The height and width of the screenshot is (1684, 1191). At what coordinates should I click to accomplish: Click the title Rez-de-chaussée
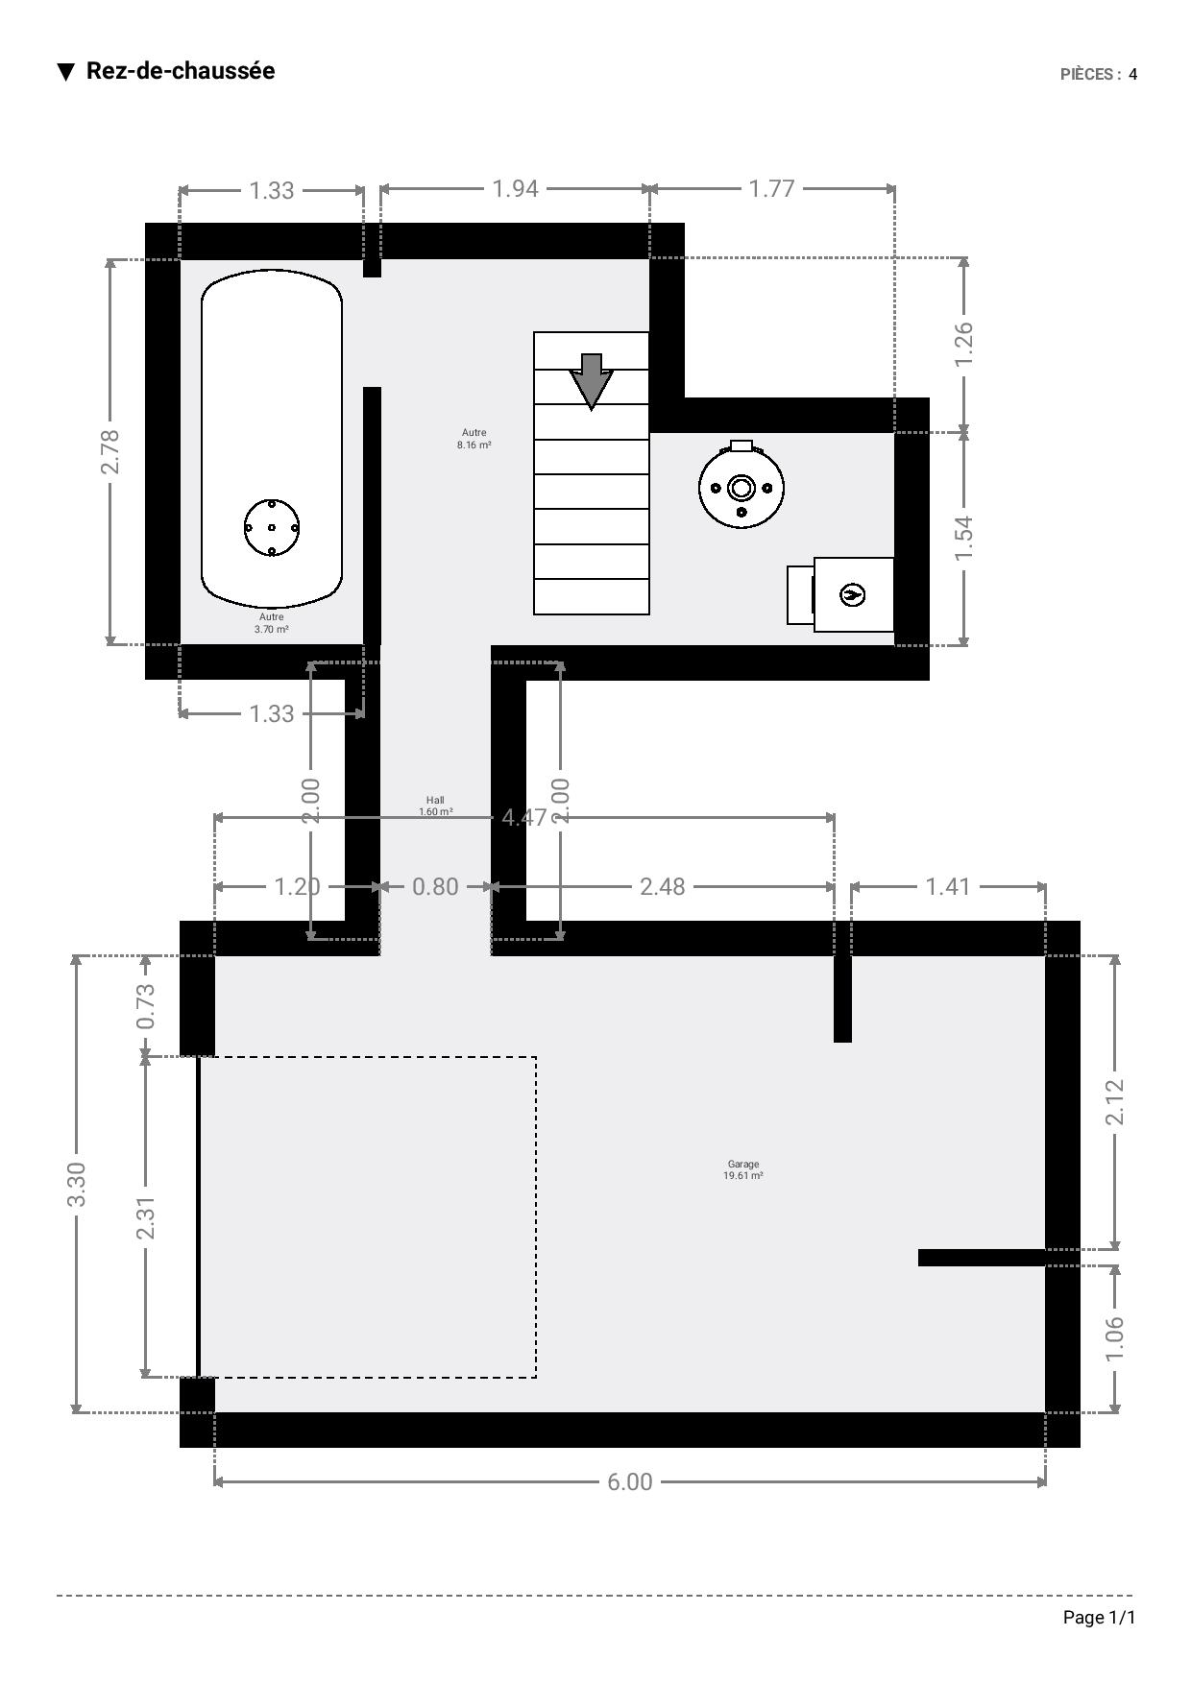[181, 71]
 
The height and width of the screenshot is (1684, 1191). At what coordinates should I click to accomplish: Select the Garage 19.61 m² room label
[743, 1169]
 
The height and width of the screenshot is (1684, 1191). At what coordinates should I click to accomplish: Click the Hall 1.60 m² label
[436, 806]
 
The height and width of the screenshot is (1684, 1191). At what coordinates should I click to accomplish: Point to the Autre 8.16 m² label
[474, 439]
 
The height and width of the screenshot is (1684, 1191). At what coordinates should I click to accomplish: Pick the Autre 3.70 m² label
[272, 623]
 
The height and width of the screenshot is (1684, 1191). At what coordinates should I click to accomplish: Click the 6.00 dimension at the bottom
[629, 1481]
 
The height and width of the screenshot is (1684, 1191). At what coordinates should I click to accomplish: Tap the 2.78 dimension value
[110, 451]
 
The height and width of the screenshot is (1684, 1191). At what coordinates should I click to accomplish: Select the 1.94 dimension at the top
[516, 188]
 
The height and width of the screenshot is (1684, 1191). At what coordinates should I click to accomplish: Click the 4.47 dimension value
[524, 817]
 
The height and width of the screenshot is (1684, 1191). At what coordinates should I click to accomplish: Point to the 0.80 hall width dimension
[435, 886]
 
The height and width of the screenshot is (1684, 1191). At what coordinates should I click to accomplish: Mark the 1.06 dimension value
[1114, 1337]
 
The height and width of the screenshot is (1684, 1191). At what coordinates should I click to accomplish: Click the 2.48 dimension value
[663, 886]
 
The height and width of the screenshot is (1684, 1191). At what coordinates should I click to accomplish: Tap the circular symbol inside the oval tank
[272, 527]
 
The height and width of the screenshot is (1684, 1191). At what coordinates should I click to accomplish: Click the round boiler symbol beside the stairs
[741, 486]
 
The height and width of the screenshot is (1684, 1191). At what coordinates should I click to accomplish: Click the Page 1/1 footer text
[1099, 1618]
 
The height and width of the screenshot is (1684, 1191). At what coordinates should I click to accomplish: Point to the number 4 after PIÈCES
[1133, 74]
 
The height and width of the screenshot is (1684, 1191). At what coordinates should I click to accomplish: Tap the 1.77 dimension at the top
[772, 188]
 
